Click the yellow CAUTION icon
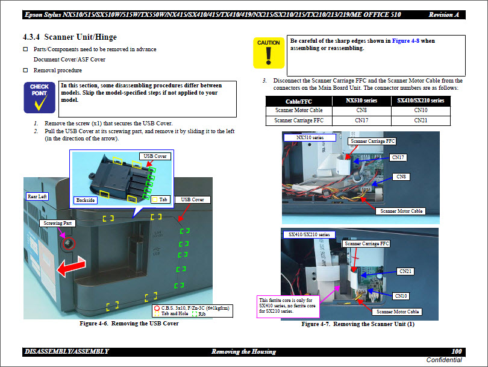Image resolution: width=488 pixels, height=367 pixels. [269, 52]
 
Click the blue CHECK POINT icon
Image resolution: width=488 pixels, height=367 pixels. [40, 98]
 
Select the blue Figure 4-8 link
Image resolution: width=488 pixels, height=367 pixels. [405, 41]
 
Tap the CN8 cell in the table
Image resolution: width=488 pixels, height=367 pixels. [361, 110]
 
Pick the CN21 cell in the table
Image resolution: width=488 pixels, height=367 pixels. [421, 121]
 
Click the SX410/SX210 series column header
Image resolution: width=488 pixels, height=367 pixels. [421, 101]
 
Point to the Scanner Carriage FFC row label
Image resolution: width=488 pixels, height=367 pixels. [299, 121]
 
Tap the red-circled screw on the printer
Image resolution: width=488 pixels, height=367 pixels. [69, 243]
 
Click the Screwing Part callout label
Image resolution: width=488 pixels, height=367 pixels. [58, 223]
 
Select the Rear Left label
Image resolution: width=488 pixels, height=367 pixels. [37, 196]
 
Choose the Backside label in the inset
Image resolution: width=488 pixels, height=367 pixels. [86, 200]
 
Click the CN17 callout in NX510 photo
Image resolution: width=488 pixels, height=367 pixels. [398, 157]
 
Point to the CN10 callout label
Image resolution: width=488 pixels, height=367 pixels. [401, 296]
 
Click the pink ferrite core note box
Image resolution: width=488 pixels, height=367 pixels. [288, 307]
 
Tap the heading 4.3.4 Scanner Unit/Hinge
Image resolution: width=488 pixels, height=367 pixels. [70, 37]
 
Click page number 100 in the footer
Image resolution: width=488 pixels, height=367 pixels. [457, 351]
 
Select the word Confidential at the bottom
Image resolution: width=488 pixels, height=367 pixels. [444, 360]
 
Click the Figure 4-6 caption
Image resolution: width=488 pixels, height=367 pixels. [129, 324]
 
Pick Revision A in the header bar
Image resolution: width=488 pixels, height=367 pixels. [444, 14]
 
